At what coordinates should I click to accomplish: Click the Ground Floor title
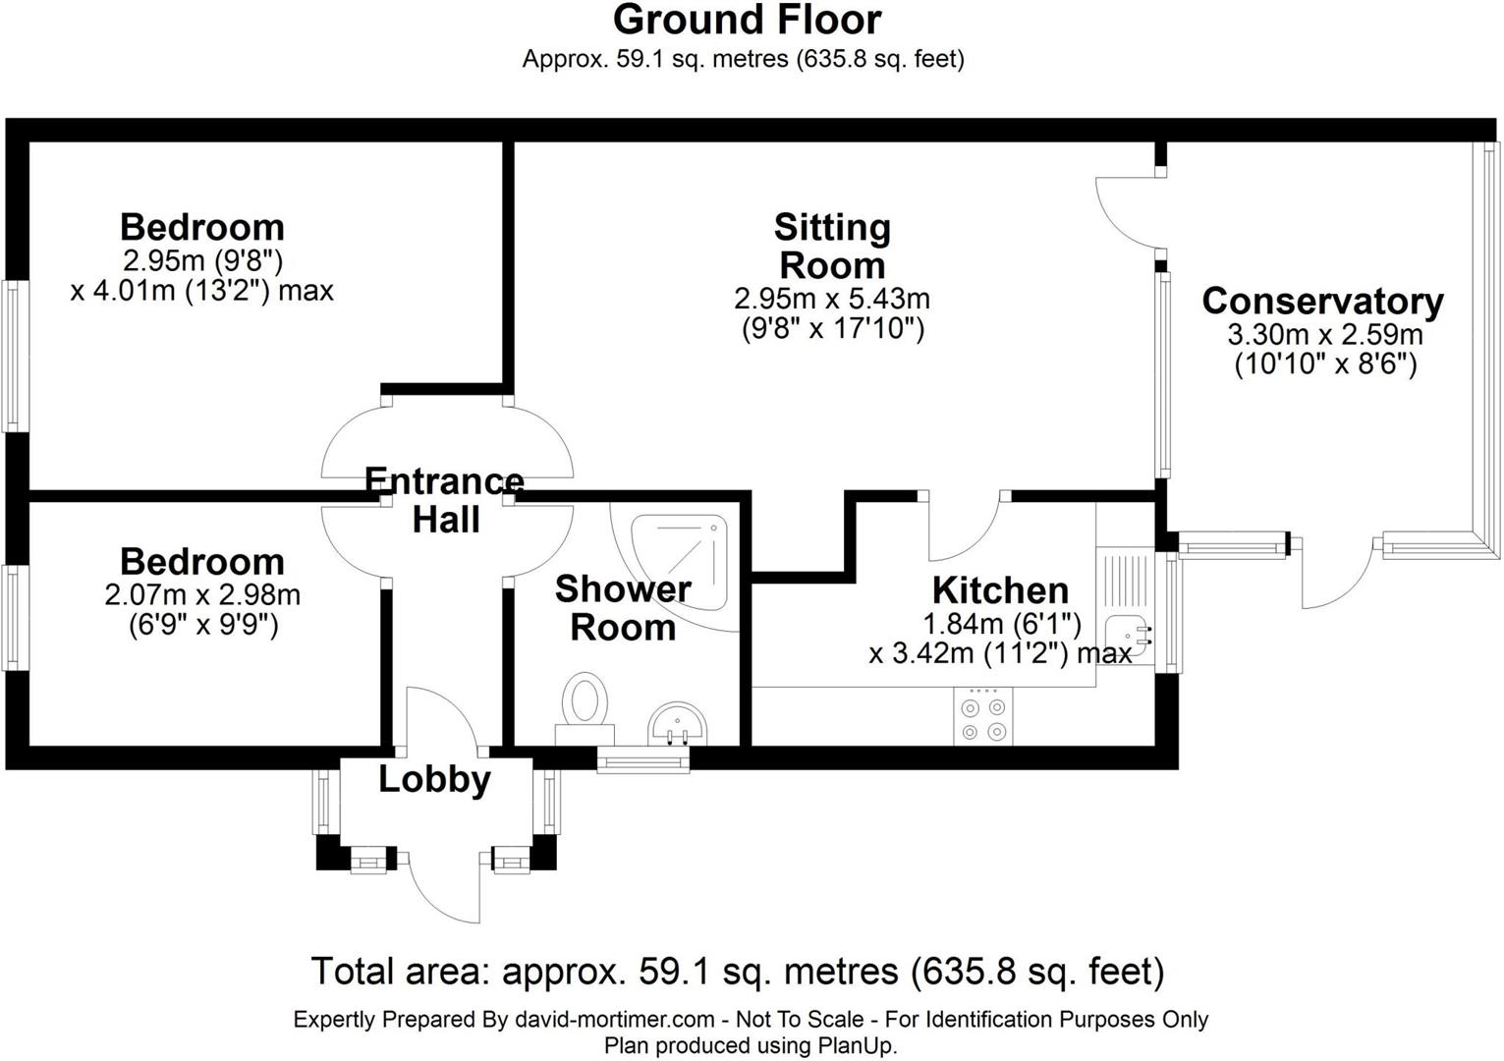(747, 20)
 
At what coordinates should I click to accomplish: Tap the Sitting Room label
(832, 247)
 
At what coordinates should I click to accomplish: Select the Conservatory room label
(1322, 301)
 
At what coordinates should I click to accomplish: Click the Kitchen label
(1000, 590)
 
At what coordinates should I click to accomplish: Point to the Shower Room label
(623, 608)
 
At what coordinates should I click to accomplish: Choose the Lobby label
(434, 779)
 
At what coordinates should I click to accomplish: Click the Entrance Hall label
(445, 500)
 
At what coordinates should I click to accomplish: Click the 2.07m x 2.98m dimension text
(202, 595)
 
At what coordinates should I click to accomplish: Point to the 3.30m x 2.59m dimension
(1324, 335)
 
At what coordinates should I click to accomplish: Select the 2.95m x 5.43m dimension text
(832, 299)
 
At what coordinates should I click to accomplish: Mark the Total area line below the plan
(738, 972)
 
